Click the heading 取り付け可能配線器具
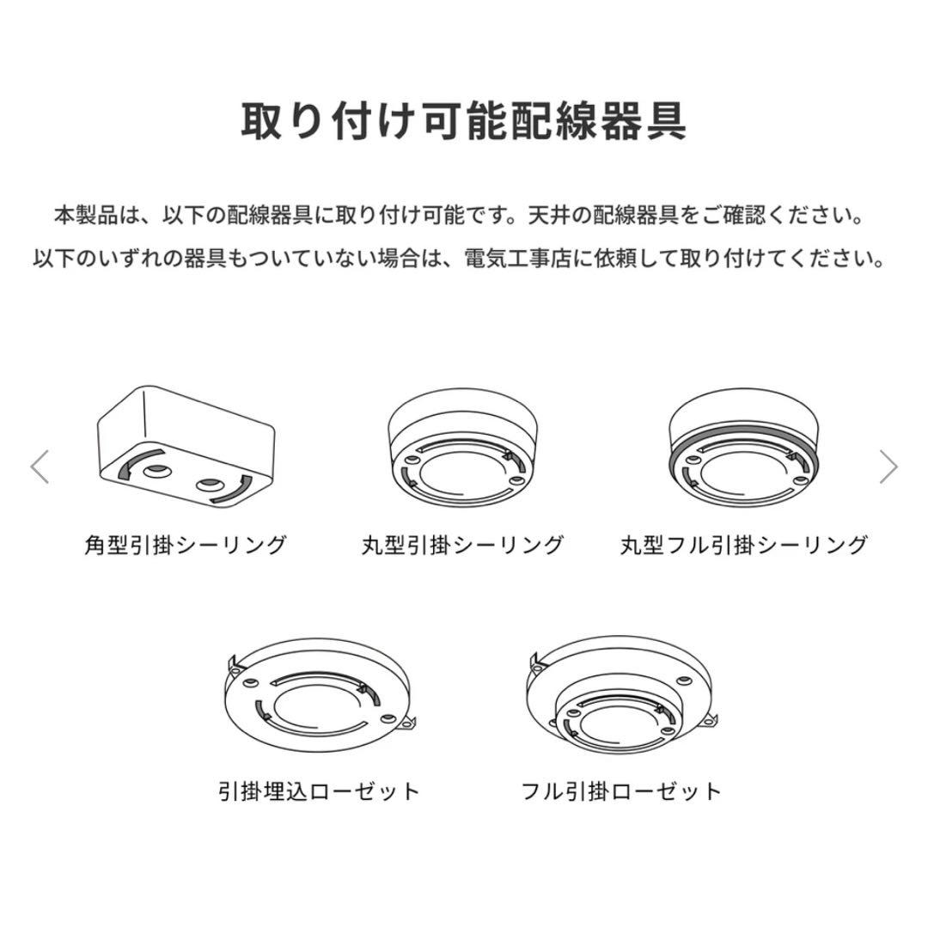463,121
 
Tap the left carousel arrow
40,467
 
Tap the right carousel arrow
888,467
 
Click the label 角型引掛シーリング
185,545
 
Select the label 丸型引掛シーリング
463,545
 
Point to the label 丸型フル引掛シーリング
744,545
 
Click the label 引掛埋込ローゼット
320,791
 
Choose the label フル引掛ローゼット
621,791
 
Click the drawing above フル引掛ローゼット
621,696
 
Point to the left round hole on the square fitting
156,471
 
